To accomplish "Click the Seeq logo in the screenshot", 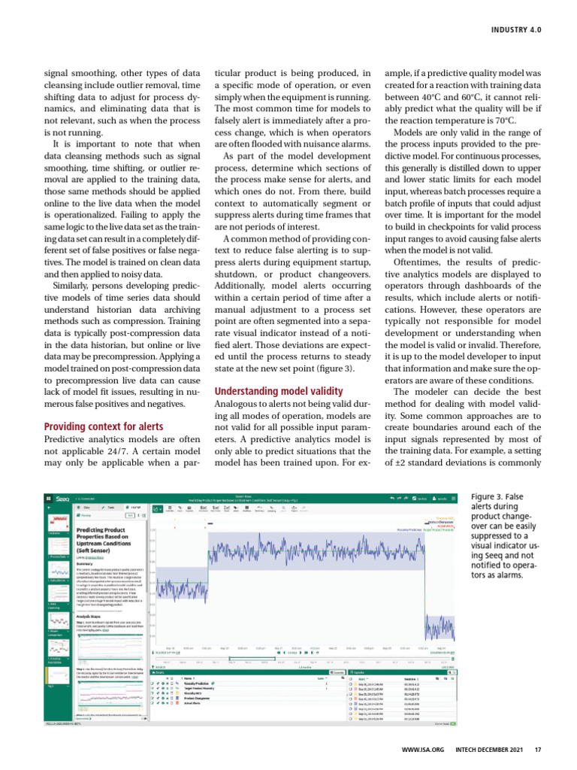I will (x=60, y=498).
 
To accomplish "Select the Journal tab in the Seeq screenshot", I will (x=129, y=508).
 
